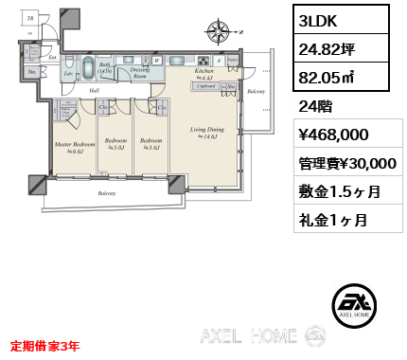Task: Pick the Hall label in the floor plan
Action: click(x=95, y=91)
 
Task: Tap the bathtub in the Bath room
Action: click(x=87, y=68)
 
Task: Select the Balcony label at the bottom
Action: click(x=107, y=192)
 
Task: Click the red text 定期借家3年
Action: click(x=44, y=346)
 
